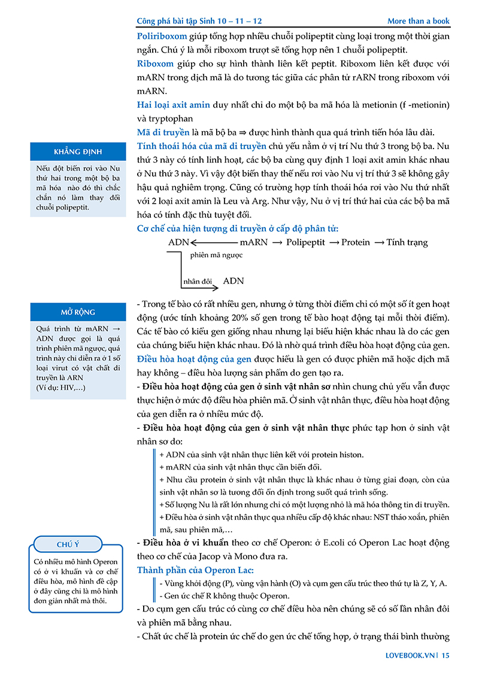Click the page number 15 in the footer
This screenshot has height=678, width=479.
pyautogui.click(x=445, y=655)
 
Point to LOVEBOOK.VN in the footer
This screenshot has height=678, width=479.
pyautogui.click(x=410, y=655)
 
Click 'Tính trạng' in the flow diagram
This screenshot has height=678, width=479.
pyautogui.click(x=408, y=242)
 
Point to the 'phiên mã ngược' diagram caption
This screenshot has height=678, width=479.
pyautogui.click(x=216, y=255)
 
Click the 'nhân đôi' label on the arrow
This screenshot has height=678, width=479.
pyautogui.click(x=197, y=280)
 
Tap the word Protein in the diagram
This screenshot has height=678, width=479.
pyautogui.click(x=356, y=242)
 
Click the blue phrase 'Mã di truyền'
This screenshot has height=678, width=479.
pyautogui.click(x=162, y=132)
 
